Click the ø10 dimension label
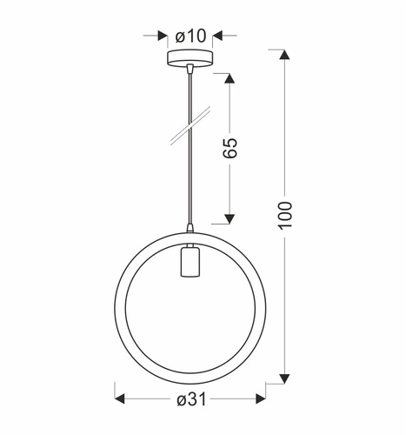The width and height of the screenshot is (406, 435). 189,36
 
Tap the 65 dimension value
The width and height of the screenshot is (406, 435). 230,147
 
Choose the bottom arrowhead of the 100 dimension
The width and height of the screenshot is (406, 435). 284,379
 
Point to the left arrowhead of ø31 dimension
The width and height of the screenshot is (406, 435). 121,399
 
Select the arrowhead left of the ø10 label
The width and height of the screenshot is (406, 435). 163,36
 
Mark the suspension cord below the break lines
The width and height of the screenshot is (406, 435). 188,183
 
